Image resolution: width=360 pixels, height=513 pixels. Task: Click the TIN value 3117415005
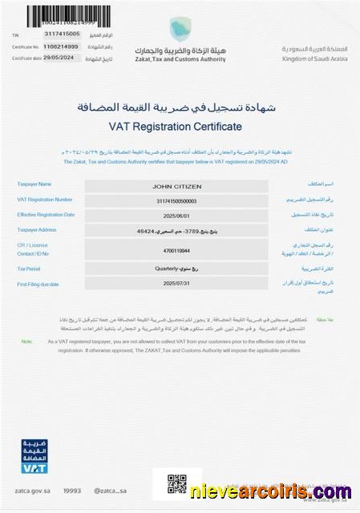pyautogui.click(x=63, y=36)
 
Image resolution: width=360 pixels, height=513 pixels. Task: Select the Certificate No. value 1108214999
pyautogui.click(x=62, y=46)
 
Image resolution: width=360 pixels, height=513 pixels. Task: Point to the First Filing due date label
pyautogui.click(x=39, y=284)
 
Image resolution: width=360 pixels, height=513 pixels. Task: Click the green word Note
pyautogui.click(x=26, y=341)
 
